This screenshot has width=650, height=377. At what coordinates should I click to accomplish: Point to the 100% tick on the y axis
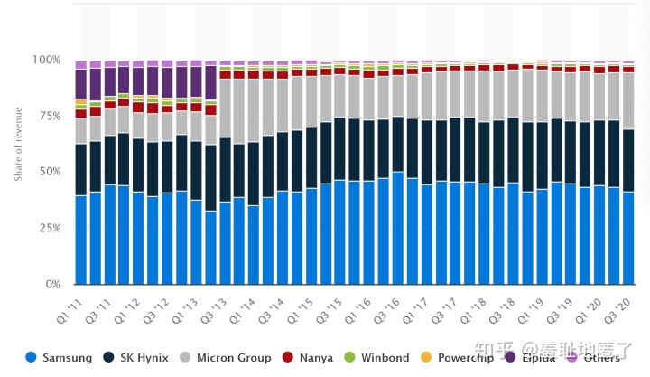click(x=46, y=60)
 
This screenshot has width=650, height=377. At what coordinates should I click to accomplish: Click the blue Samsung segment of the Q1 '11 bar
click(x=81, y=240)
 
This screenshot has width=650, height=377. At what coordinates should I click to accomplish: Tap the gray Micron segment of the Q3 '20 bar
click(x=627, y=101)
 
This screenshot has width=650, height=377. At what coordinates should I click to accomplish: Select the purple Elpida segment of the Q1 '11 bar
click(x=81, y=83)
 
